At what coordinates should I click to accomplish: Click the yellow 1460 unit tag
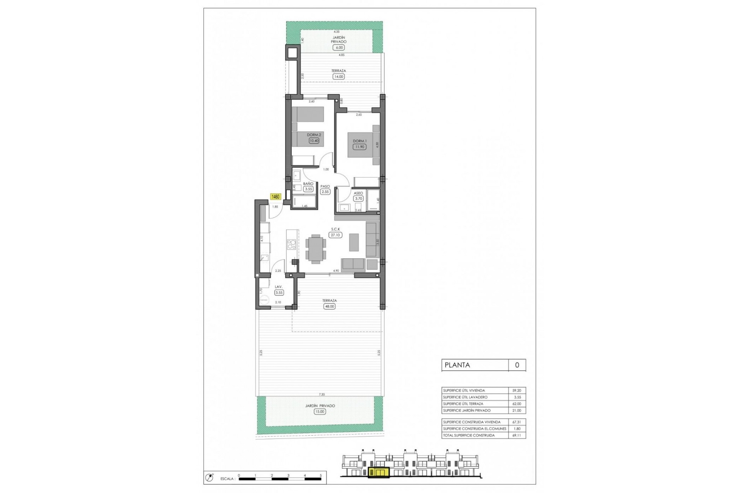276,197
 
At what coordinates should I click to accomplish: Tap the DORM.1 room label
360,141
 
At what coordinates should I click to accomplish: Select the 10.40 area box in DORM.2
314,141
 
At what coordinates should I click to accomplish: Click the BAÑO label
308,184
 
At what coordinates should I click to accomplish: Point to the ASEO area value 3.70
359,199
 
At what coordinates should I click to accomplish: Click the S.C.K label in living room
335,229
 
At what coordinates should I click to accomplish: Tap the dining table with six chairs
316,248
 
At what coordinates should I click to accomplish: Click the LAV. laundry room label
279,287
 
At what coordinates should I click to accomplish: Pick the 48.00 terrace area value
330,307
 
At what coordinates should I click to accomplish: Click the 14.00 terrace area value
338,77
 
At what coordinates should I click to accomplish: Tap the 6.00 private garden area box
339,47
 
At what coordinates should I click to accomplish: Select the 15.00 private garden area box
320,411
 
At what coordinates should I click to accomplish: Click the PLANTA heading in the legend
457,365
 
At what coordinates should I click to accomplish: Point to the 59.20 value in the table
516,391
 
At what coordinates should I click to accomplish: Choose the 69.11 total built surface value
516,435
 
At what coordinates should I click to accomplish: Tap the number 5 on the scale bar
321,475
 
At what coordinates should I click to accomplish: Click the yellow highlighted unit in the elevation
379,473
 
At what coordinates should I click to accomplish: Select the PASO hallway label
325,186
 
